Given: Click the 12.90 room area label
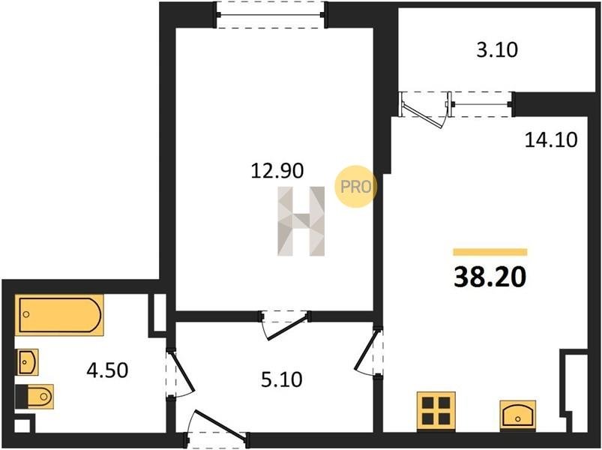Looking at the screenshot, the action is (277, 171).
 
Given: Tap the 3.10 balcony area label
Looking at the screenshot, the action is (497, 50).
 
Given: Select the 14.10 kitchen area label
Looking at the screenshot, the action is (551, 140).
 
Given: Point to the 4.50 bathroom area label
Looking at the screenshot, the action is (107, 370).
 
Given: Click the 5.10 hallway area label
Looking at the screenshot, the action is (282, 379).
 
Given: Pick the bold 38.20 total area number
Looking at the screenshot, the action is (490, 277).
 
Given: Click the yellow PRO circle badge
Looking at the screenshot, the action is (356, 187).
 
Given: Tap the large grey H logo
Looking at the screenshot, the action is (301, 221).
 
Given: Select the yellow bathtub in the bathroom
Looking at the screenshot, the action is (59, 315).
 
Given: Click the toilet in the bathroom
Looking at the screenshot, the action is (34, 397).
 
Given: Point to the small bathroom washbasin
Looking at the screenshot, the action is (26, 362).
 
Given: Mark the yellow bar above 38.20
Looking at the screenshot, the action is (490, 252).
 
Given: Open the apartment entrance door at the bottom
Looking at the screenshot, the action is (219, 425).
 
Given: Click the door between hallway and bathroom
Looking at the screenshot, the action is (180, 373).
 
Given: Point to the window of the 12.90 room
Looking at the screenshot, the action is (271, 15).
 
